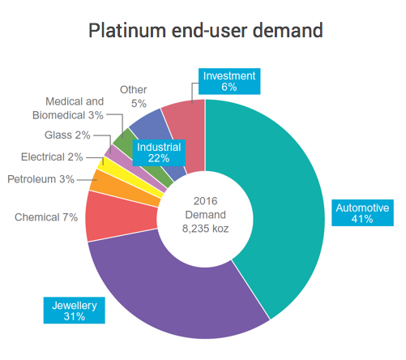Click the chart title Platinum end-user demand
pos(205,31)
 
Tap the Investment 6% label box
pos(229,81)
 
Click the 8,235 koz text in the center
pos(205,229)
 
